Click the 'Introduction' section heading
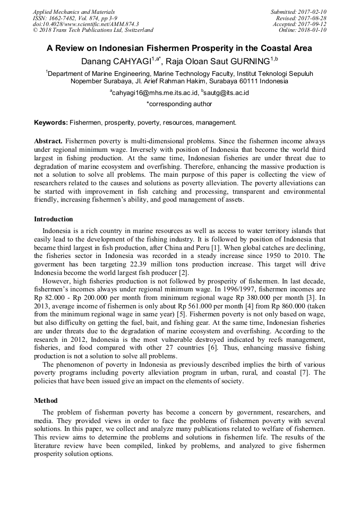pos(54,219)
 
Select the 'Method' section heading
pos(46,400)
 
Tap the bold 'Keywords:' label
pos(51,123)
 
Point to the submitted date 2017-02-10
pos(310,12)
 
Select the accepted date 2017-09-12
pos(310,24)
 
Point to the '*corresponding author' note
pos(179,104)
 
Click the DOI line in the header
pos(85,24)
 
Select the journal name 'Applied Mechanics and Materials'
pos(73,12)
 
